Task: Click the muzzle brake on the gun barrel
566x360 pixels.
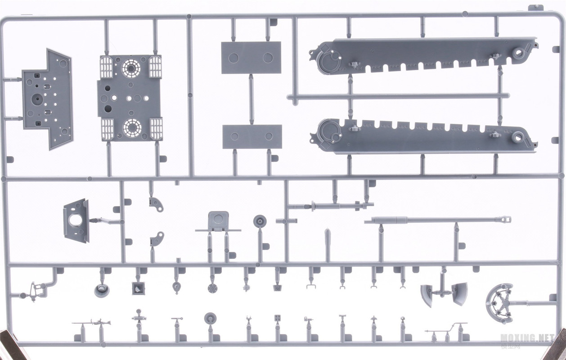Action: [504, 220]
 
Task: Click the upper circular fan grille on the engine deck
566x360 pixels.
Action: [131, 68]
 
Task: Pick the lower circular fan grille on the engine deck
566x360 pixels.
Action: [131, 128]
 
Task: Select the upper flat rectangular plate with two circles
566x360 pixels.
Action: [251, 58]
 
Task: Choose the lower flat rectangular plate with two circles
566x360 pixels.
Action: [252, 137]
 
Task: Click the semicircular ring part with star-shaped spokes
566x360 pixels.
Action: [500, 303]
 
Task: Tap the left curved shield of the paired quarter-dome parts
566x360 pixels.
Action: [427, 294]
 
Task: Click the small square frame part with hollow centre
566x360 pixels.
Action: [138, 288]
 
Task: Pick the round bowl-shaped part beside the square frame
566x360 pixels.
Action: [102, 290]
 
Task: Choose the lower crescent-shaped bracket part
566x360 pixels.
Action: [157, 239]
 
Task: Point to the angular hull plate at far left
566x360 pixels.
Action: [47, 99]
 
